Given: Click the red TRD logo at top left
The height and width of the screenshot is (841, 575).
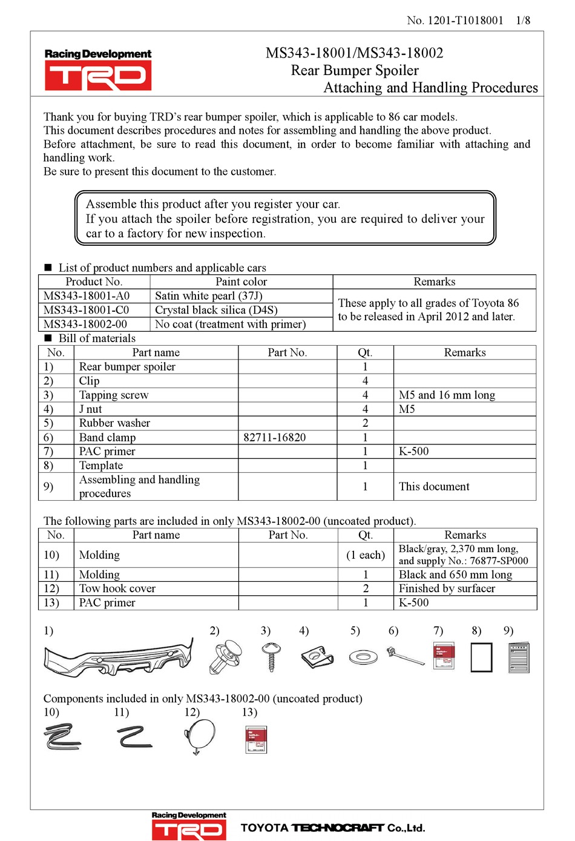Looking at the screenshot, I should point(97,77).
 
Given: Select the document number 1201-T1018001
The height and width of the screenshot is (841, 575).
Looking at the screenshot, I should point(465,20).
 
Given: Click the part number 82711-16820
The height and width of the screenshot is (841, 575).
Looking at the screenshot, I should point(274,437).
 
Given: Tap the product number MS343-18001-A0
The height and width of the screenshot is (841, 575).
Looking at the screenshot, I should point(87,296).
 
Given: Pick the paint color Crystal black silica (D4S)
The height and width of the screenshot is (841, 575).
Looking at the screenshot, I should point(216,310).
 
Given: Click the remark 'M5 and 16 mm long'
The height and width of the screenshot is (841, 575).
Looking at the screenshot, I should point(447,395).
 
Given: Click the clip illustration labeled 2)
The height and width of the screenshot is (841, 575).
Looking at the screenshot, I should point(225,657).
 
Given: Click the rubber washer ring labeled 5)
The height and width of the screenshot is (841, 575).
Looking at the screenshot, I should point(363,656).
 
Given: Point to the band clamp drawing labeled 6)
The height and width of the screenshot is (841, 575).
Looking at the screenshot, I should point(404,656).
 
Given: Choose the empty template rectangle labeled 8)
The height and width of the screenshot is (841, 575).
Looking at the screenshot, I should point(481,658).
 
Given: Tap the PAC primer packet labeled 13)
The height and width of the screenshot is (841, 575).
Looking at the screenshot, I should point(256,739).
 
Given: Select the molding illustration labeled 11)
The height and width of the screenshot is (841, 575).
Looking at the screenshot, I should point(134,737).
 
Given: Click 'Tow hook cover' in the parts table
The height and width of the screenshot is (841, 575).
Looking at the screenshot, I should point(117,589).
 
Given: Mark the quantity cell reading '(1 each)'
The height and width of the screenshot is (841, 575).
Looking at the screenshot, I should point(365,555).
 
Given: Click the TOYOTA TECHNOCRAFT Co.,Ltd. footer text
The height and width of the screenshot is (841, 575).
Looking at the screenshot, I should point(332,828).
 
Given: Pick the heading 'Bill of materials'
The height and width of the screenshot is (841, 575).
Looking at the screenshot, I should point(97,338).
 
